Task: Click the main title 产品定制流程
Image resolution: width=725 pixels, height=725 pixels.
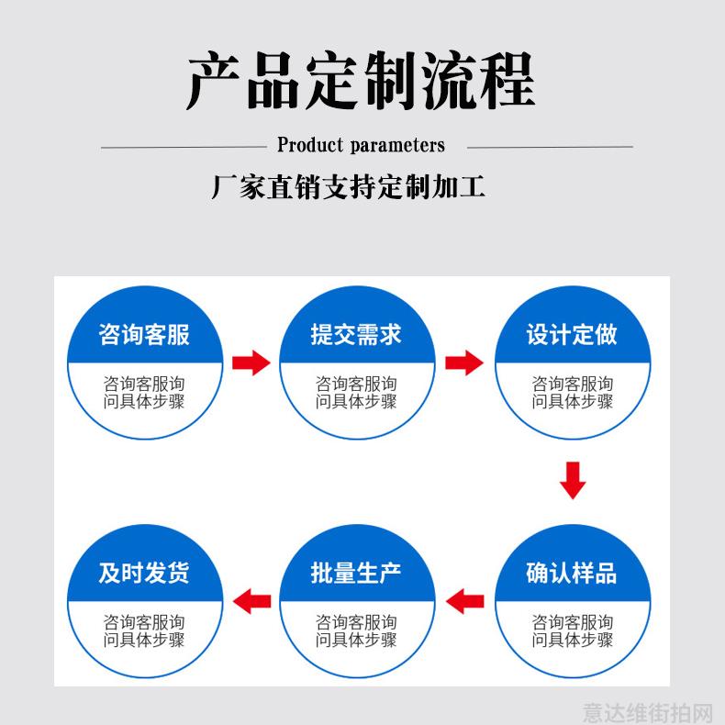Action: point(361,81)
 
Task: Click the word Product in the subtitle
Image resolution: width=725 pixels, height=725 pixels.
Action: point(310,145)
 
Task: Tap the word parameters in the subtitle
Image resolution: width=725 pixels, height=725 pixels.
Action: point(397,146)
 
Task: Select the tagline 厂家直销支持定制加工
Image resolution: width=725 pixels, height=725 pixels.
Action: point(348,187)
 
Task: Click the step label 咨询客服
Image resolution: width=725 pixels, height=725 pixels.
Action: point(144,334)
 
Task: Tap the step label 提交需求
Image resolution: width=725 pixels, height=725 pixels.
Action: point(356,334)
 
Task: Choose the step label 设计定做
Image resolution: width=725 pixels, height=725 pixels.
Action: point(572,334)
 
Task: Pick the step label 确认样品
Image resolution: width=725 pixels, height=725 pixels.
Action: point(572,573)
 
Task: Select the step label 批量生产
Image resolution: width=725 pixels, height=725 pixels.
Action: point(356,573)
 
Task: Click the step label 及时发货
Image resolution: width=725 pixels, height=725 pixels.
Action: point(144,573)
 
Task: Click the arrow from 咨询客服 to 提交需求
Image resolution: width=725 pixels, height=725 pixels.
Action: point(251,362)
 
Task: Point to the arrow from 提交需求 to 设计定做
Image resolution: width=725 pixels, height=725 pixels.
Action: point(464,362)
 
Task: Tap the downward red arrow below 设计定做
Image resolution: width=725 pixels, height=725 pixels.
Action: point(573,480)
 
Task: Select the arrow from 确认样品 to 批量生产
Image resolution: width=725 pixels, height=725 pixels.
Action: point(465,601)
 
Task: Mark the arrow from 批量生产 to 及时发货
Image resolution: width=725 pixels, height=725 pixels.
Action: point(252,601)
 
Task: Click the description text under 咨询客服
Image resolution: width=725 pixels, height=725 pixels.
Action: point(144,393)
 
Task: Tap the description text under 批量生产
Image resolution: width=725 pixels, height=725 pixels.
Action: point(356,631)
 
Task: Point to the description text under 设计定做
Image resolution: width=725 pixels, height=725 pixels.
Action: point(573,393)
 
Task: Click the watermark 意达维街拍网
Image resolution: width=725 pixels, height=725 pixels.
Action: point(648,712)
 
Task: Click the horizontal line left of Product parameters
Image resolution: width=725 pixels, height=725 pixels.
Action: point(184,148)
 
